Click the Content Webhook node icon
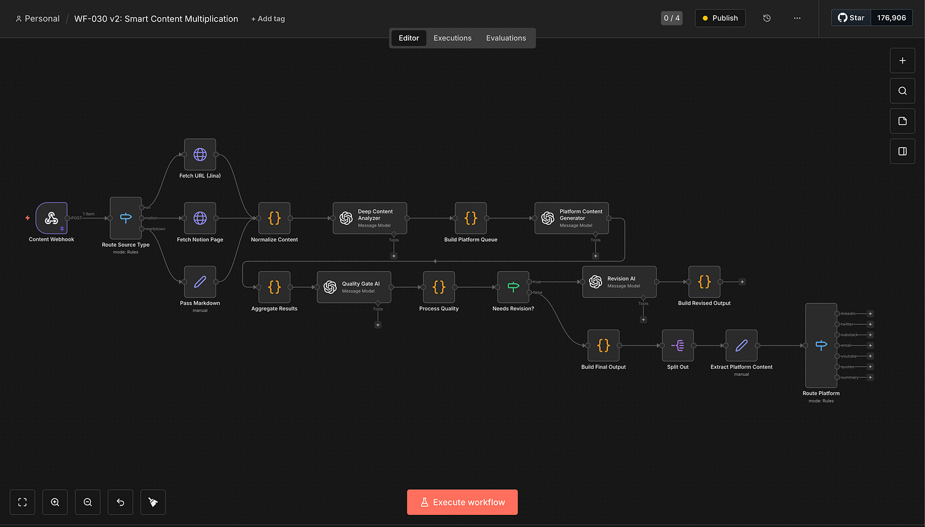point(51,218)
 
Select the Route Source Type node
point(126,218)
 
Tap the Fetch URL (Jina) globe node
point(200,154)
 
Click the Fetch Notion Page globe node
point(200,218)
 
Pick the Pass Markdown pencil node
point(200,282)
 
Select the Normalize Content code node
point(274,218)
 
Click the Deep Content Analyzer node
point(370,218)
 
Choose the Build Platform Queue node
point(471,218)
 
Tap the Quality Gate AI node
point(354,287)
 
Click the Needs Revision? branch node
point(513,287)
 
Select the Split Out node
point(678,345)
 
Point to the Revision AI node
point(619,282)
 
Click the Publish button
point(720,18)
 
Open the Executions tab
point(452,38)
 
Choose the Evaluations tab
point(506,38)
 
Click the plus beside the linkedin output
point(870,314)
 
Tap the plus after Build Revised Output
point(742,282)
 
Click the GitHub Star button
point(851,18)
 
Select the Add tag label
point(268,19)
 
